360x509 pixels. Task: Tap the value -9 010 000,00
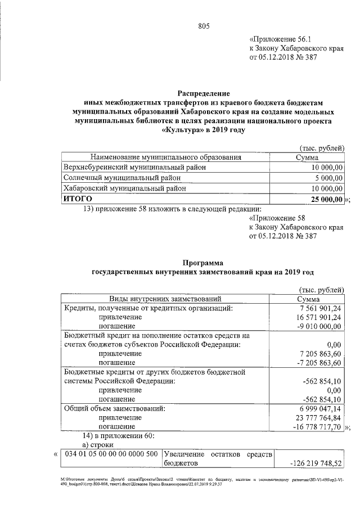(x=321, y=327)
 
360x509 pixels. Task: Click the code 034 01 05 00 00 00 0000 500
(x=111, y=454)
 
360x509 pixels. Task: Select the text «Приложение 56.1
(x=278, y=39)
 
